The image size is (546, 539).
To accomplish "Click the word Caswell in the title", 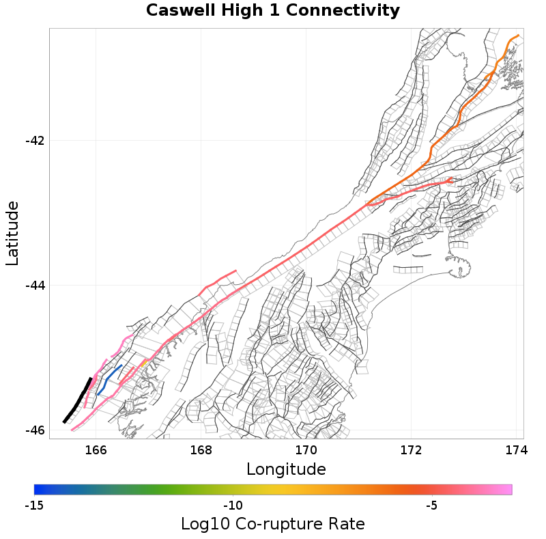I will click(179, 11).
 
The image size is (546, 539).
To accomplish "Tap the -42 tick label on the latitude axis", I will click(34, 141).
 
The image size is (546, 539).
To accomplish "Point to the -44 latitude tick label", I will click(34, 286).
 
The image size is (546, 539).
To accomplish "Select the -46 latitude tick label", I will click(34, 430).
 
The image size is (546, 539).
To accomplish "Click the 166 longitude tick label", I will click(96, 450).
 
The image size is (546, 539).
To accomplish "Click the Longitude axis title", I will click(286, 469).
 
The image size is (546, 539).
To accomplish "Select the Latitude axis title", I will click(12, 233).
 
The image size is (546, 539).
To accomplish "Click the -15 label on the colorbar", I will click(34, 506).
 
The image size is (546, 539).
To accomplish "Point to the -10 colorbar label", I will click(233, 506).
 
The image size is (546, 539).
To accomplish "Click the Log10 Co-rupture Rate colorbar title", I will click(272, 524).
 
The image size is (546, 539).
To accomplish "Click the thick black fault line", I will click(77, 400).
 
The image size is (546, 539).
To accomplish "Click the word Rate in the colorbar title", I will click(345, 524).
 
